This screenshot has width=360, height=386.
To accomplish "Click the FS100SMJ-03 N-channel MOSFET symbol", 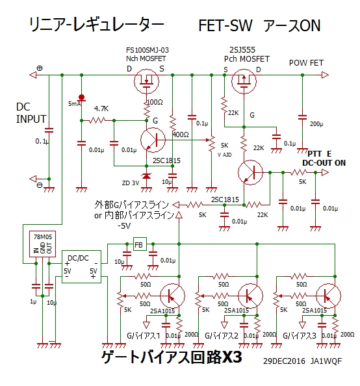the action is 146,81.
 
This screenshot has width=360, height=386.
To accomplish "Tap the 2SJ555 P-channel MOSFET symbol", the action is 244,81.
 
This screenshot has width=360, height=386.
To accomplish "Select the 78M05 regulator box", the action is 42,244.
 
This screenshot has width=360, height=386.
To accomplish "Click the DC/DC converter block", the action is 81,266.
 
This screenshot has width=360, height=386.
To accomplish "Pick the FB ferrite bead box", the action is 140,244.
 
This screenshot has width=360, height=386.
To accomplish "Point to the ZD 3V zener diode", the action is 146,176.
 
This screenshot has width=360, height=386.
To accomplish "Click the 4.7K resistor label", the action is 101,109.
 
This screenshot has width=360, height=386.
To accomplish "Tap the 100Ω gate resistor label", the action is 155,102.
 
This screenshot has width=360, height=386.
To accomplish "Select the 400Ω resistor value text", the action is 181,135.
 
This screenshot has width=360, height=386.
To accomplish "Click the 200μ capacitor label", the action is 316,124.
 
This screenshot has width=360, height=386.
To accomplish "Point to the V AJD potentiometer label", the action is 225,155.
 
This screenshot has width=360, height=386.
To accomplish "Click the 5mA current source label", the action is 74,104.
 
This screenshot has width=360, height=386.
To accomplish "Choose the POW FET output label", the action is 306,63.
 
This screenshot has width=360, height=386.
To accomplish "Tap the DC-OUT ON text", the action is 324,163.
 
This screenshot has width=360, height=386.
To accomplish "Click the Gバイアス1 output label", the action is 144,336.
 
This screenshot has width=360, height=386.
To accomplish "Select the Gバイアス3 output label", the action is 299,336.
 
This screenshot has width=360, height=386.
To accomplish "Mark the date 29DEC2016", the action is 284,361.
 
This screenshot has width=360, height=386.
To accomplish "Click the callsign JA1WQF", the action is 326,361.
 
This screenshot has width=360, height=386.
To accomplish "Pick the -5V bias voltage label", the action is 124,225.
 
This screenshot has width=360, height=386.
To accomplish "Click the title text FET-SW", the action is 225,25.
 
